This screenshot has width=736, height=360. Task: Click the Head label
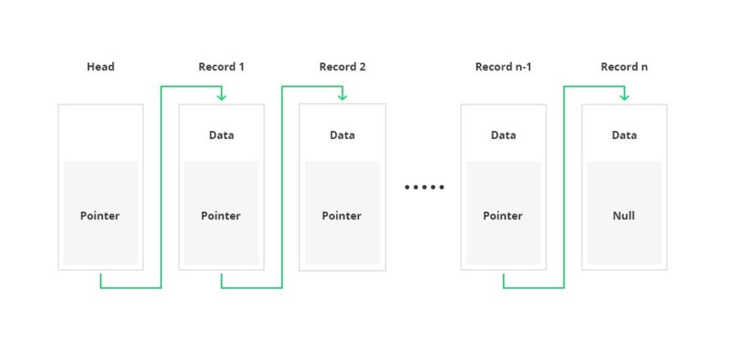coord(100,67)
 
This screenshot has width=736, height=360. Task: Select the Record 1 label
coord(221,67)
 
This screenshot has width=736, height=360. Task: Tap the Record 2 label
coord(343,67)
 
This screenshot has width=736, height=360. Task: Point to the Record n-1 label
coord(503,67)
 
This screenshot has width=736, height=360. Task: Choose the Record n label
coord(624,67)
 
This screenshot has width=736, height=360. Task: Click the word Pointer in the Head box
coord(100,216)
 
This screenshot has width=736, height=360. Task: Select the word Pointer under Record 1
coord(221,216)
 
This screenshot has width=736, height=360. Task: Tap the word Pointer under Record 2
coord(342,216)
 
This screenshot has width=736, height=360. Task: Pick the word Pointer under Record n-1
coord(503,216)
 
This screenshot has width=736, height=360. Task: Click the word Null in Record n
coord(624,216)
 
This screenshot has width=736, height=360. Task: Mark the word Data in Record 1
coord(221,135)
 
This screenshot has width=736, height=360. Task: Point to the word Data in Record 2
coord(342,135)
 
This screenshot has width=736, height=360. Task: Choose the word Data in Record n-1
coord(503,135)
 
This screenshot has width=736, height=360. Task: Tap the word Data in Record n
coord(624,135)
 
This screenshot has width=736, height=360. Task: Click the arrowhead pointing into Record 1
coord(222,96)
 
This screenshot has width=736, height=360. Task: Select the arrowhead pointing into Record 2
coord(343,96)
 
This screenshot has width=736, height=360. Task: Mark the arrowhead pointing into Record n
coord(625,96)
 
